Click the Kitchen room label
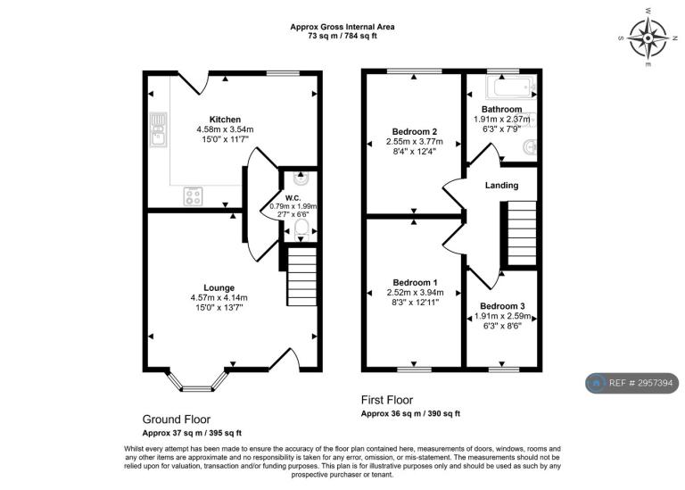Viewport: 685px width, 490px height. click(225, 120)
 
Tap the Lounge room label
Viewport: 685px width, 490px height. click(219, 287)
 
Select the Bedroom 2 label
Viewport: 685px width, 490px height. click(415, 131)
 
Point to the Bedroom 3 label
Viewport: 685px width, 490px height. click(502, 306)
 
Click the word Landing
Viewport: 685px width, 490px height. click(501, 186)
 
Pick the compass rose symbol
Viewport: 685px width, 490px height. click(648, 37)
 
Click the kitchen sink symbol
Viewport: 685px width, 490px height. click(158, 129)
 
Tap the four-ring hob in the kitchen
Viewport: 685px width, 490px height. click(193, 195)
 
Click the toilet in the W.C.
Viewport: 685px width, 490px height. click(301, 230)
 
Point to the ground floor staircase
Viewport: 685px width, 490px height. click(301, 276)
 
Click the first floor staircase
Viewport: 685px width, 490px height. click(522, 233)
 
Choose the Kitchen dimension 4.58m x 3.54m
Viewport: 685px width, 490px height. click(225, 129)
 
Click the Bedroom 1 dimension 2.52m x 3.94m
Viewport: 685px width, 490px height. click(415, 293)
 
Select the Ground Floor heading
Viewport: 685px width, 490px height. click(177, 419)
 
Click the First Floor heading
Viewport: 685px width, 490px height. click(387, 400)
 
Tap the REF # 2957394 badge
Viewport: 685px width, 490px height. click(632, 384)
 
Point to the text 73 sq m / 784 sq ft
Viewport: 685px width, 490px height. click(342, 37)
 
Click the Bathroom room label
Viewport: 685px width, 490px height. click(502, 109)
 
